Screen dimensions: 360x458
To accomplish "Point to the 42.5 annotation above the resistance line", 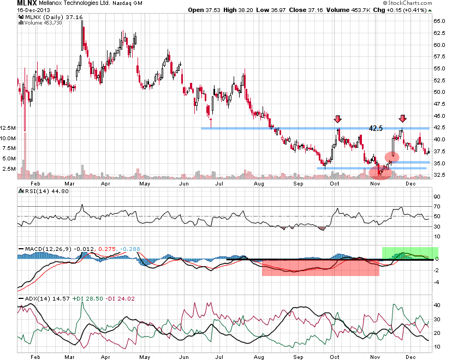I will (376, 128).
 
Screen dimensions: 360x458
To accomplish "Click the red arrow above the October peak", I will (338, 119).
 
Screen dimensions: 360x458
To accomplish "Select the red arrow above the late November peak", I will (403, 119).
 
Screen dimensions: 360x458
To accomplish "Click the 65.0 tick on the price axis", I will (440, 21).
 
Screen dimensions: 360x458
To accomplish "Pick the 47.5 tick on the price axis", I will (440, 104).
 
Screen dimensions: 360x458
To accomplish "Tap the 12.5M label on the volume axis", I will (8, 128).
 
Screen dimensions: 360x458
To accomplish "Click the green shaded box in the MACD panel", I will (410, 254).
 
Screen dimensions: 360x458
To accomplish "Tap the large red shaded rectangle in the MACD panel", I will (320, 267).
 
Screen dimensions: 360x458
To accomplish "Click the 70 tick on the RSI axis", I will (437, 207).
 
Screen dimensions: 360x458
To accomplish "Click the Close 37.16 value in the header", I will (298, 10).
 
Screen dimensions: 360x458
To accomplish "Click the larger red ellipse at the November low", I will (380, 172).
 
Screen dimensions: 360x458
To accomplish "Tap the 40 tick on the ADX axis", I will (437, 305).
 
